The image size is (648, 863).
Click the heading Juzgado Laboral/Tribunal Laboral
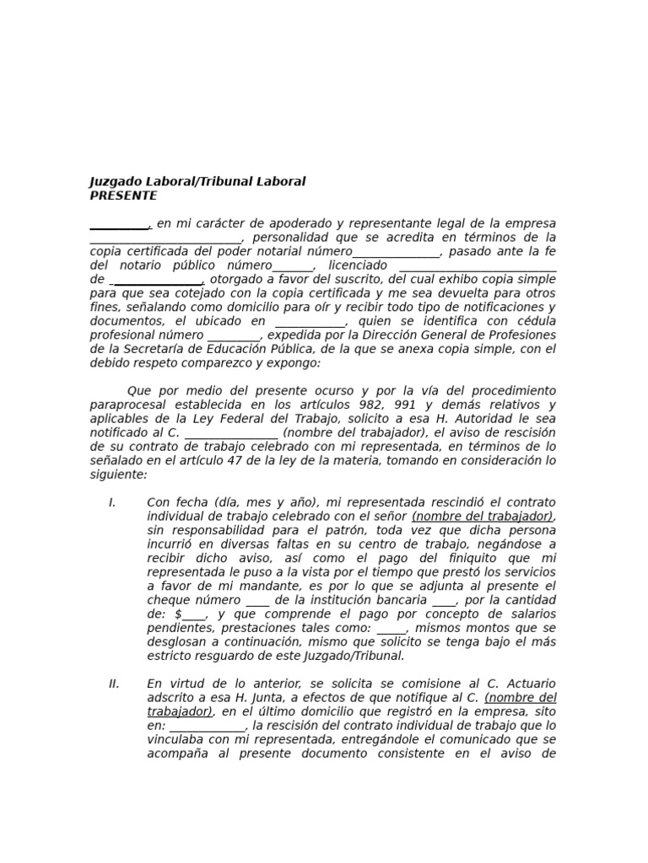coord(197,181)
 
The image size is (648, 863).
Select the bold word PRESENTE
coord(123,196)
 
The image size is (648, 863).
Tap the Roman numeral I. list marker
coord(112,502)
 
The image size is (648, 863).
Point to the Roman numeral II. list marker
coord(114,683)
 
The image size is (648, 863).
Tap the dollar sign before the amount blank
coord(178,614)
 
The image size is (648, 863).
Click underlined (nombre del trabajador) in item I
coord(483,516)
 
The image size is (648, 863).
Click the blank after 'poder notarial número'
coord(396,252)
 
